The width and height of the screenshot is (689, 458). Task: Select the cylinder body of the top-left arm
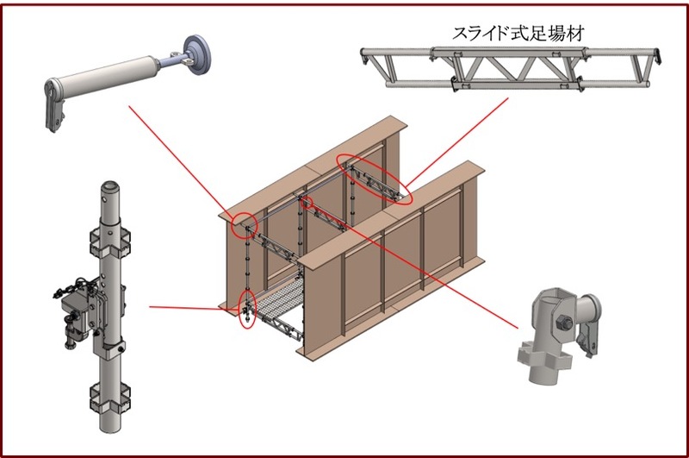pyautogui.click(x=112, y=77)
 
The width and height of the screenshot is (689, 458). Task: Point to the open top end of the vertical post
pyautogui.click(x=110, y=187)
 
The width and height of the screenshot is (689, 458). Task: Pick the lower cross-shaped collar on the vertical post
pyautogui.click(x=110, y=400)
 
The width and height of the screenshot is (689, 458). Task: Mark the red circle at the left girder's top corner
pyautogui.click(x=245, y=223)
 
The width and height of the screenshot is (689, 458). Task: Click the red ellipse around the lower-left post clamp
pyautogui.click(x=247, y=310)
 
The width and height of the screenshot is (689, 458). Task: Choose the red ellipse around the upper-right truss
pyautogui.click(x=374, y=179)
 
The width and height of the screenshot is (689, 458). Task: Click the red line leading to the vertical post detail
pyautogui.click(x=194, y=306)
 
